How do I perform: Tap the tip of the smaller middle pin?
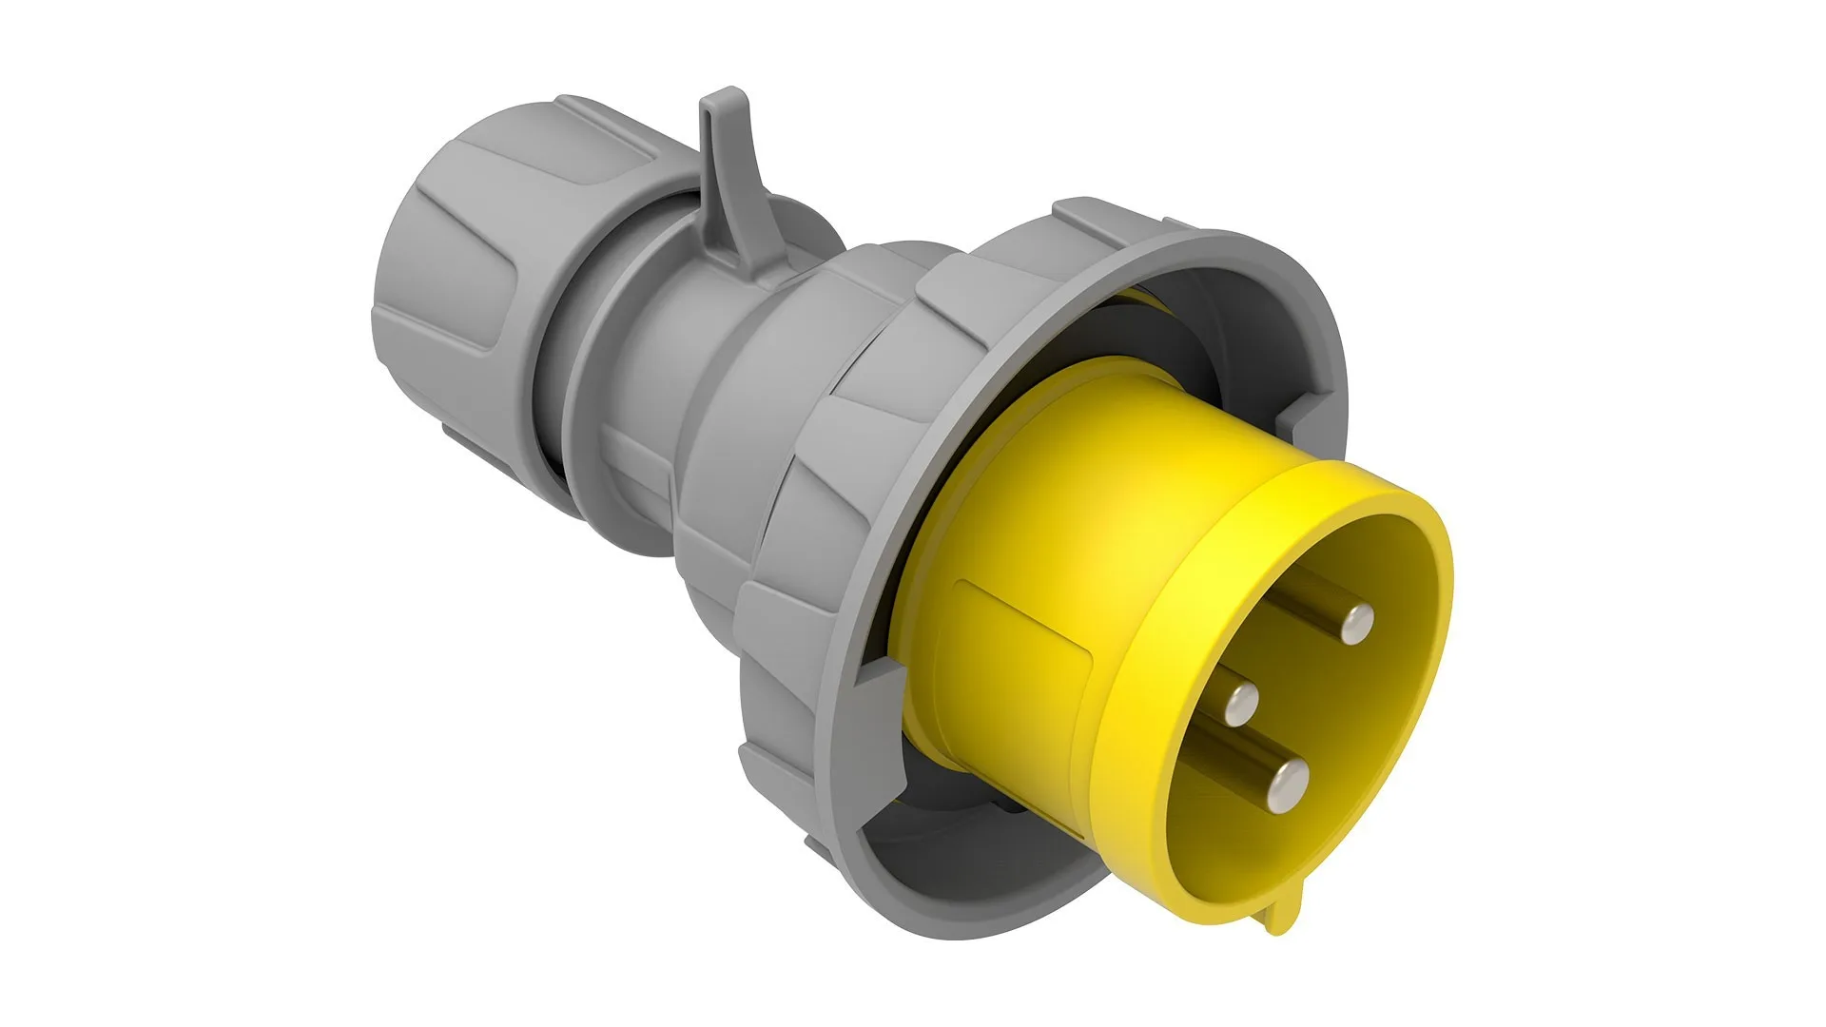click(1240, 706)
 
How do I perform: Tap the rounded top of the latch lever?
click(723, 100)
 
